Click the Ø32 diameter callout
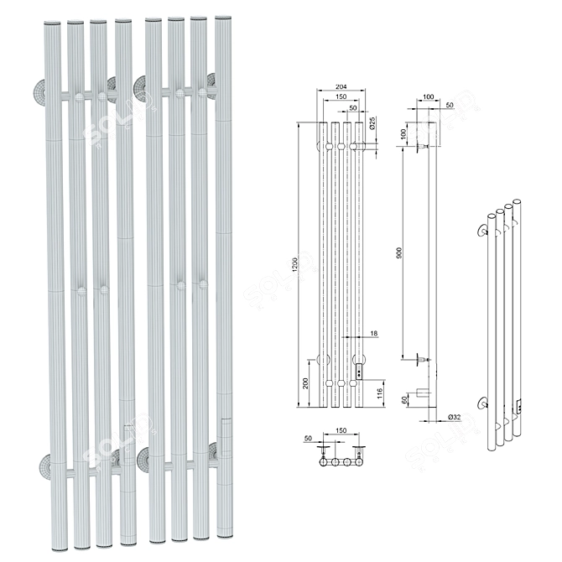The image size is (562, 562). coord(455,417)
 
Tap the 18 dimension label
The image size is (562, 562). coord(374,334)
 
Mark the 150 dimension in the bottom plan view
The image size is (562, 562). coord(339,432)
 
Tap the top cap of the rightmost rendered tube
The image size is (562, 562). coord(222,18)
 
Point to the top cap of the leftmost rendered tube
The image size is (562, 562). coord(50,25)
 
